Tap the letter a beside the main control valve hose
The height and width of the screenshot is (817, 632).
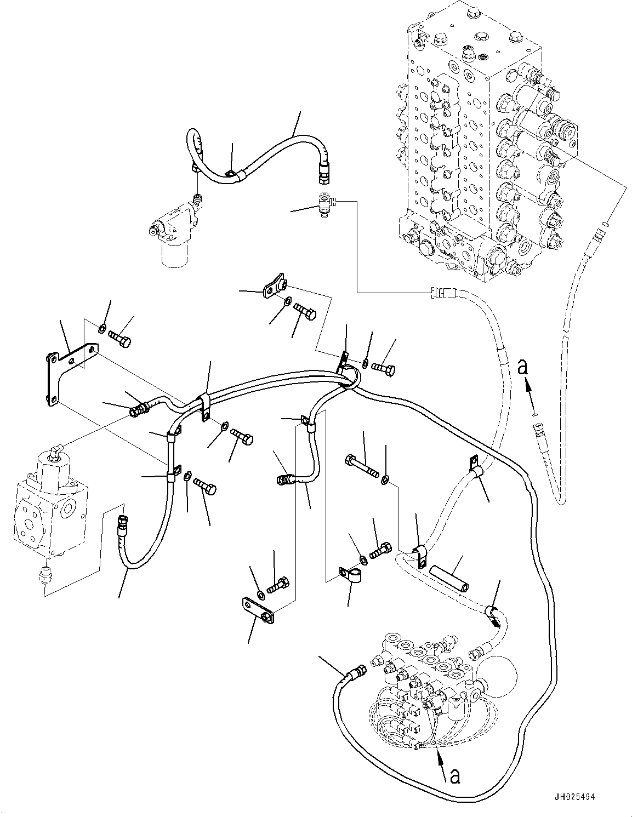[523, 367]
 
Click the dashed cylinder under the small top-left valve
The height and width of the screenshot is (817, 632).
[174, 254]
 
